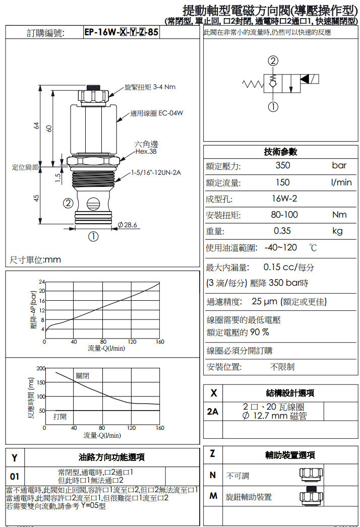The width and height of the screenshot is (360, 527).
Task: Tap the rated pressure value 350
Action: (x=283, y=166)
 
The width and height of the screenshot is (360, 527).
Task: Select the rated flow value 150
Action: (x=283, y=182)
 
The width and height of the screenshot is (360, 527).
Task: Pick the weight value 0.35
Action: (x=283, y=231)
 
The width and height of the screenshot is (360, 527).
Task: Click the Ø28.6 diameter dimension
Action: (x=127, y=224)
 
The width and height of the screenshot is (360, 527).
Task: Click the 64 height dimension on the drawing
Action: (x=36, y=126)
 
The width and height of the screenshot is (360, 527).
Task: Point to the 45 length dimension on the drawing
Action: (x=36, y=198)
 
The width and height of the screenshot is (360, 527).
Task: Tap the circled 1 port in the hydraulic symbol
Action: (x=273, y=107)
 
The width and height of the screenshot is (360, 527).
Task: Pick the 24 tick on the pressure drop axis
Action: (x=41, y=281)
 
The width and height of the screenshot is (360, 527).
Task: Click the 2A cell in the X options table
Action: (x=213, y=411)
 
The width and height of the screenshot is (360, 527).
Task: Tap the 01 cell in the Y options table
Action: (x=15, y=476)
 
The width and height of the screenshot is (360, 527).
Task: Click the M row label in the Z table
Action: (x=213, y=496)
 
